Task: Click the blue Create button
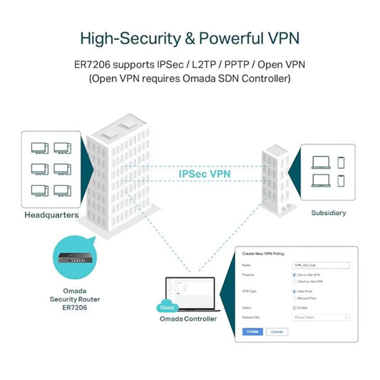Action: click(252, 332)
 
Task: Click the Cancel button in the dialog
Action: click(277, 332)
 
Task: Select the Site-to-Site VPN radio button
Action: click(294, 274)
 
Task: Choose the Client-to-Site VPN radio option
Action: click(294, 282)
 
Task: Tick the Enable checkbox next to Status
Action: click(294, 307)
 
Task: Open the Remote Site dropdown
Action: click(321, 317)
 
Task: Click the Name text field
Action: click(321, 265)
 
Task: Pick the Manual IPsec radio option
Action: click(294, 297)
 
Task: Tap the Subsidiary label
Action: click(329, 212)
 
